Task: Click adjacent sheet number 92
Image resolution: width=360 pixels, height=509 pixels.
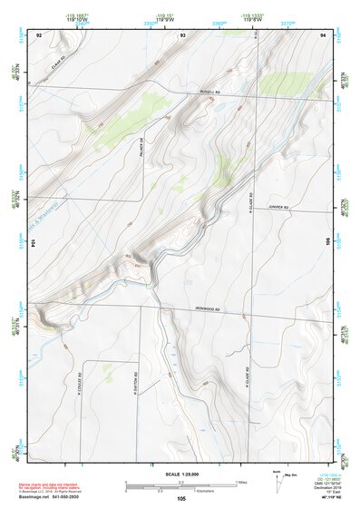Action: [x=39, y=34]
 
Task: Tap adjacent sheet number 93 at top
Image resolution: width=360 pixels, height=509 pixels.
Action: [x=182, y=34]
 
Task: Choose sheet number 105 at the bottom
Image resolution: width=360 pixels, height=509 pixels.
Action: [x=181, y=498]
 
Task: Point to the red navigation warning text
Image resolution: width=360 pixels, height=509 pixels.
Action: [x=54, y=485]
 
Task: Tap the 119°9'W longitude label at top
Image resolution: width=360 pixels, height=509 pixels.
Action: [x=166, y=19]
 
